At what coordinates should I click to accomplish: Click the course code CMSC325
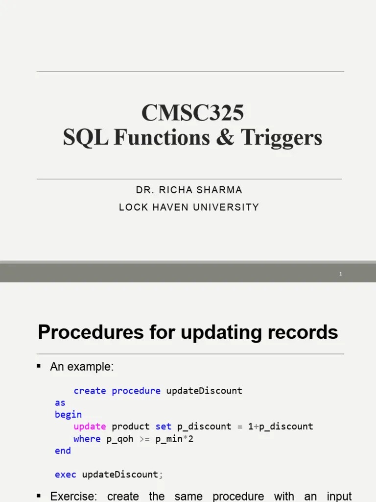click(x=192, y=113)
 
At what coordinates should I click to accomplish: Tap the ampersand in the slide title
click(x=225, y=138)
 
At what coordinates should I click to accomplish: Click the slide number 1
click(x=340, y=274)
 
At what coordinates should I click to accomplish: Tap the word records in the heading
click(x=306, y=332)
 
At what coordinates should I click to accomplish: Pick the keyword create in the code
click(x=90, y=391)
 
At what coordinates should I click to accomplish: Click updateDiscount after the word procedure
click(x=204, y=391)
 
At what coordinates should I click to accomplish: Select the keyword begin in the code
click(x=68, y=415)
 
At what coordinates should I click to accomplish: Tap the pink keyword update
click(x=90, y=427)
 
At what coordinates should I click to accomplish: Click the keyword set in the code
click(x=164, y=427)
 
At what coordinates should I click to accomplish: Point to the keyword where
click(x=87, y=439)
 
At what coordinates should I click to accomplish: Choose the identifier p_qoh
click(x=120, y=439)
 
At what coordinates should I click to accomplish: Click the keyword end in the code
click(x=63, y=451)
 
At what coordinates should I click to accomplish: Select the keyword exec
click(x=66, y=475)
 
